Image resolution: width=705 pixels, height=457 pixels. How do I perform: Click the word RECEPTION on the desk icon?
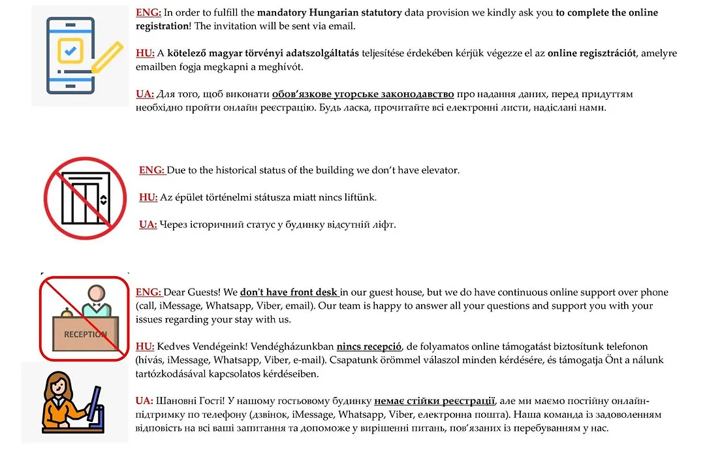tap(85, 334)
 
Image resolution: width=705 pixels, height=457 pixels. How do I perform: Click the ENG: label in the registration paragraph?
tap(148, 12)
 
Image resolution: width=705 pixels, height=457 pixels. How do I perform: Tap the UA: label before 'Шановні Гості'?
tap(144, 401)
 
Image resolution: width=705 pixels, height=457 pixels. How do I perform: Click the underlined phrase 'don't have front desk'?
tap(290, 292)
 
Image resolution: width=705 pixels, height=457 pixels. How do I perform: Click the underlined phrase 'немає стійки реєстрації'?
tap(435, 401)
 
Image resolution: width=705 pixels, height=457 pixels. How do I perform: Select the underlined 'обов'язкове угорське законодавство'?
tap(363, 95)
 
